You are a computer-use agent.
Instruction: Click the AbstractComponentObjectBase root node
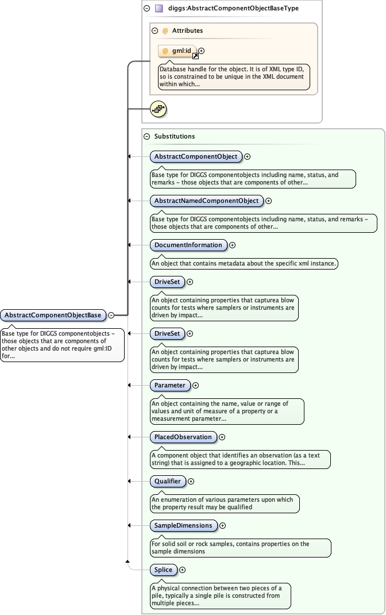click(53, 315)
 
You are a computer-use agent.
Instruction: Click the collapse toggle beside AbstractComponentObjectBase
click(111, 315)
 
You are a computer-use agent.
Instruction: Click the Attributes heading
click(187, 30)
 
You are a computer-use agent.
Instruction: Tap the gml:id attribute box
click(177, 51)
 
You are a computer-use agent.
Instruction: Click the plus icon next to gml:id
click(202, 51)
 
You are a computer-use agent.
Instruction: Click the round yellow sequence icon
click(158, 109)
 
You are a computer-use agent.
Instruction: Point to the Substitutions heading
click(175, 136)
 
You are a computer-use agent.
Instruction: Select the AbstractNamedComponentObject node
click(206, 201)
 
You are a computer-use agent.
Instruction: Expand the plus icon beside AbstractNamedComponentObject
click(268, 201)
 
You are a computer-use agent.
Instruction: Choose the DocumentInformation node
click(188, 245)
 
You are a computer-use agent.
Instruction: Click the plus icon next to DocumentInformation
click(233, 245)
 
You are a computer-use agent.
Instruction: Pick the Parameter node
click(169, 385)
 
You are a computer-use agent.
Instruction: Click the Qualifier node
click(167, 481)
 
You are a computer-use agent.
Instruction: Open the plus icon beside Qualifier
click(191, 481)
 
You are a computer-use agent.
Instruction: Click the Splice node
click(163, 570)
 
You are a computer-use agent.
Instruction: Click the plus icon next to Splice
click(183, 570)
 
